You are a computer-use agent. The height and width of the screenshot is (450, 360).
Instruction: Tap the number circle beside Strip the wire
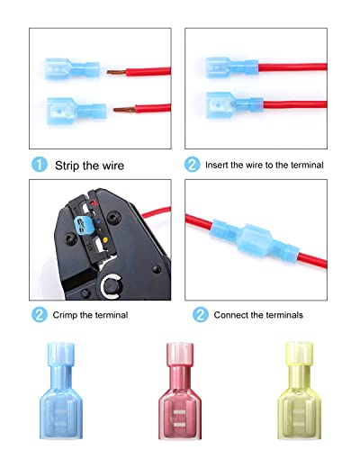tap(40, 164)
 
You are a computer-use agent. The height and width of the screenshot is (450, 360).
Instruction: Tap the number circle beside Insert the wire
tap(193, 164)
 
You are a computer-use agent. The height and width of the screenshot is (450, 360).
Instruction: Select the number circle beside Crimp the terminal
tap(40, 315)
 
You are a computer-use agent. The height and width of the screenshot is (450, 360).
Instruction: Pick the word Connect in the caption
tap(232, 315)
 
